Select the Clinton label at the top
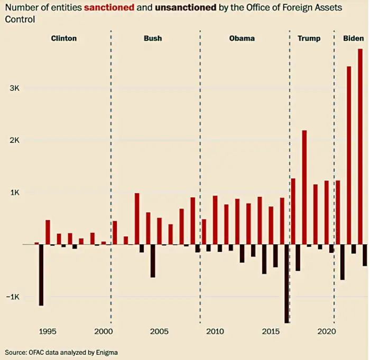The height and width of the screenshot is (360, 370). pyautogui.click(x=63, y=39)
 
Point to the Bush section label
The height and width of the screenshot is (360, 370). pyautogui.click(x=153, y=39)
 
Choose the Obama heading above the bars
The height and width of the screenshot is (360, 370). pyautogui.click(x=242, y=39)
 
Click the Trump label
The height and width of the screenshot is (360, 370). pyautogui.click(x=309, y=39)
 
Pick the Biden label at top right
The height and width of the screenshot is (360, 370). pyautogui.click(x=353, y=39)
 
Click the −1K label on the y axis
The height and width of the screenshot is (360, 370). pyautogui.click(x=12, y=297)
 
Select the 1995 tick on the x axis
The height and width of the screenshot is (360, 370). pyautogui.click(x=48, y=331)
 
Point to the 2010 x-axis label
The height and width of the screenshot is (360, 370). pyautogui.click(x=215, y=331)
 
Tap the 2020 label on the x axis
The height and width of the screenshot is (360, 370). pyautogui.click(x=327, y=331)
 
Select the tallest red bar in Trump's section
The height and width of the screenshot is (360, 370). pyautogui.click(x=304, y=187)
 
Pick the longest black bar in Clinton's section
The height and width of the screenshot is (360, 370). pyautogui.click(x=41, y=274)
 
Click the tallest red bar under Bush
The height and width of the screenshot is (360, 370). pyautogui.click(x=137, y=219)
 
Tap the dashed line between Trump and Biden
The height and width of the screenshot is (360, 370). pyautogui.click(x=334, y=158)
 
